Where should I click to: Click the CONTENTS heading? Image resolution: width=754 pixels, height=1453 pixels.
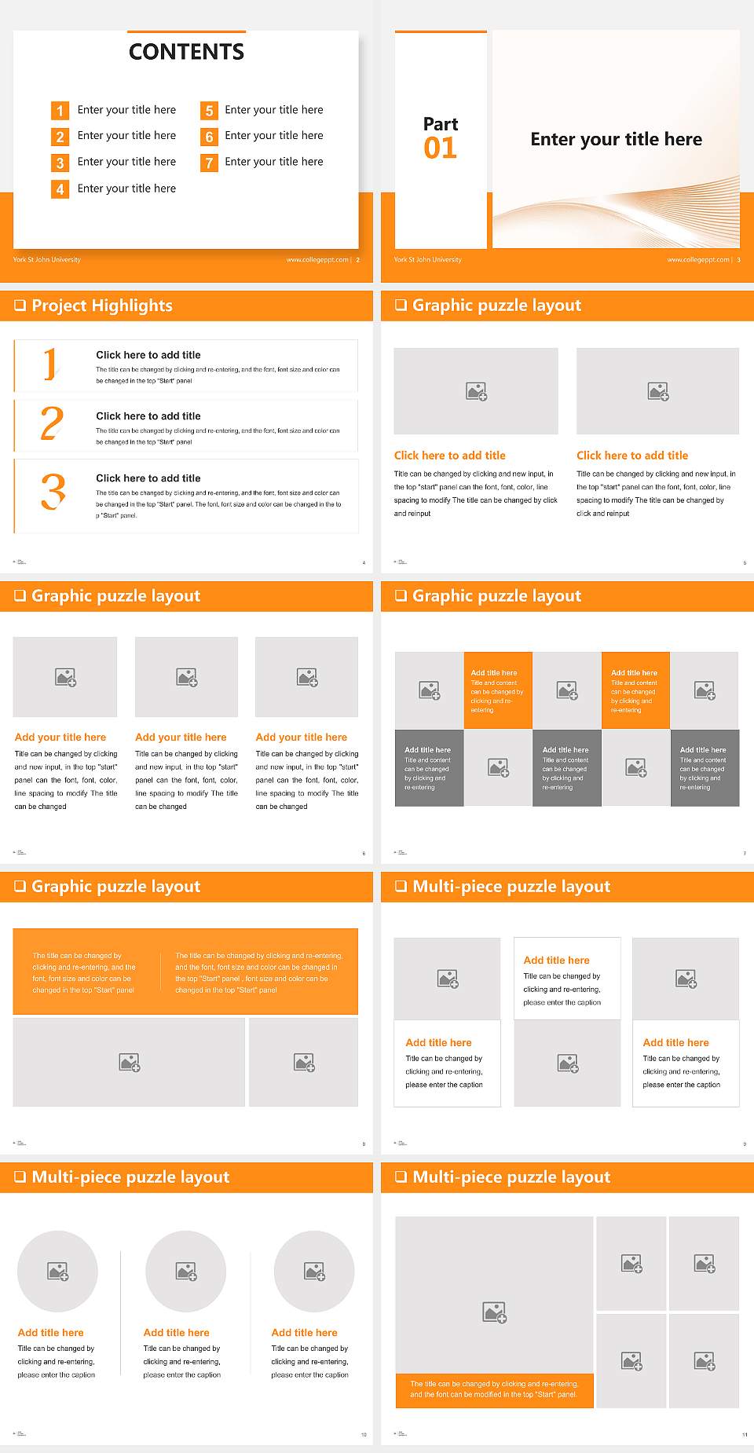186,52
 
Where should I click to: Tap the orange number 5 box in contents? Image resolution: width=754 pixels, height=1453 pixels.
209,111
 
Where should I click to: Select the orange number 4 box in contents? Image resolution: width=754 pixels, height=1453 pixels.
60,189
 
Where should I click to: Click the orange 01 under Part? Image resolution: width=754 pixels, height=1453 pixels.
440,148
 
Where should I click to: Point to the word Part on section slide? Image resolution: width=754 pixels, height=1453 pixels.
440,124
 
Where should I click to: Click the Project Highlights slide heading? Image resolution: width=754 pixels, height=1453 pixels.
102,306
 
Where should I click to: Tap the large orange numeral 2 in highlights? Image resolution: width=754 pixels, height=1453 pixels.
52,423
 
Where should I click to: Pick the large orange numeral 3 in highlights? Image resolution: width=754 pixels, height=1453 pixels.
53,492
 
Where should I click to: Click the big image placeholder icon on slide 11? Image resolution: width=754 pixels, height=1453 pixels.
494,1312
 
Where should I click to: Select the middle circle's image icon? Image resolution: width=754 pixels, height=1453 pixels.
186,1271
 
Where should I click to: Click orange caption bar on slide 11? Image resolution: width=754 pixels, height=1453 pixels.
494,1389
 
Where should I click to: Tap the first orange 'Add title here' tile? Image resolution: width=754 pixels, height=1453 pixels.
498,690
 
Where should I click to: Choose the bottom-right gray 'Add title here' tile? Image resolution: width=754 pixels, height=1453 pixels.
705,767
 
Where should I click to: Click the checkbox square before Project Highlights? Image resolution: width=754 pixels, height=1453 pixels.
20,306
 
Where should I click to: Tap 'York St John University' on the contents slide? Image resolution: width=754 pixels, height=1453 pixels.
46,260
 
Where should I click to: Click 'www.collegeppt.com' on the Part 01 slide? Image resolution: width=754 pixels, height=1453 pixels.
697,260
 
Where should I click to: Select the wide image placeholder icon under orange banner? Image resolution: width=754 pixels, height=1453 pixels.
130,1063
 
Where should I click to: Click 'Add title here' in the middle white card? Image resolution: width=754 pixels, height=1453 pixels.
556,960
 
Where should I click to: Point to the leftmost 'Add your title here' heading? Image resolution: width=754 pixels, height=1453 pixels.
60,737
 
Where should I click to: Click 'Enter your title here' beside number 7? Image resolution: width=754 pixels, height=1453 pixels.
273,162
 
